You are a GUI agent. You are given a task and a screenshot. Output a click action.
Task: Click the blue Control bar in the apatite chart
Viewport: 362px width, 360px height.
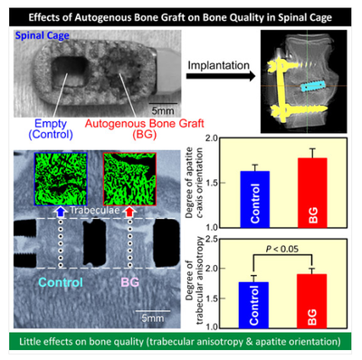(255, 199)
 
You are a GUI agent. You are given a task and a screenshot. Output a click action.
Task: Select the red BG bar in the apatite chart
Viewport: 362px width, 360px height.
(312, 193)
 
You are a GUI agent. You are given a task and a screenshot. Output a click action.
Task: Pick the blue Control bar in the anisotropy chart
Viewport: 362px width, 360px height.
(253, 305)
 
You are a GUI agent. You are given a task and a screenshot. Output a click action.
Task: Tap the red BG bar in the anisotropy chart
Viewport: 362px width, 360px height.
(311, 301)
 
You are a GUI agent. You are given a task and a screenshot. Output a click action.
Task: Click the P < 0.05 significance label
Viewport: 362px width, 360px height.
(282, 249)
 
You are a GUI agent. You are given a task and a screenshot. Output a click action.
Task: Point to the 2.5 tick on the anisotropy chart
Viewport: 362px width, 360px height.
(212, 240)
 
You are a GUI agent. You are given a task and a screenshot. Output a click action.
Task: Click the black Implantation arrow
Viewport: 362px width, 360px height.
(221, 76)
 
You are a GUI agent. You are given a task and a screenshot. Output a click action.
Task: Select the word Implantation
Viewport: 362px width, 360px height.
(219, 65)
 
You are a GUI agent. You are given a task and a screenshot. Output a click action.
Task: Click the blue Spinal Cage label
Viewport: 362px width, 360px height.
(43, 35)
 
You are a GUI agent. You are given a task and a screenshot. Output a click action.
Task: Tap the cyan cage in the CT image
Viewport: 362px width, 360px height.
(313, 86)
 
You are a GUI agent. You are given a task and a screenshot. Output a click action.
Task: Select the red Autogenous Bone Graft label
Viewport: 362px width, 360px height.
(145, 128)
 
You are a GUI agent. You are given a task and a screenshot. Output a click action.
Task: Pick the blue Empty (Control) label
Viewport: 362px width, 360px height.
(51, 128)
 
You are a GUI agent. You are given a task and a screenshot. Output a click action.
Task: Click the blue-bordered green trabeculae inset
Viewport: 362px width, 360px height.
(61, 179)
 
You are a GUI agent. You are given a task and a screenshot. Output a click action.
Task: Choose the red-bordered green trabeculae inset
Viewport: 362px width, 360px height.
(129, 179)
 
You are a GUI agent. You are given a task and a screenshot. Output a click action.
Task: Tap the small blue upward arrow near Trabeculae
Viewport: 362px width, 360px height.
(61, 212)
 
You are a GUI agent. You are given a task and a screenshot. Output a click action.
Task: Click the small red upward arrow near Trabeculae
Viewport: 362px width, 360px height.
(129, 212)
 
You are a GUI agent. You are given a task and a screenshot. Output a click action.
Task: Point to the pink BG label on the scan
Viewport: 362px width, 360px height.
(130, 282)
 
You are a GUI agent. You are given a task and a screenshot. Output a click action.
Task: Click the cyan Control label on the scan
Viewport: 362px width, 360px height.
(61, 282)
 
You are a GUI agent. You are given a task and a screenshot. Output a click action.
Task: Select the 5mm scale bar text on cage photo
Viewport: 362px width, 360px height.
(163, 110)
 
